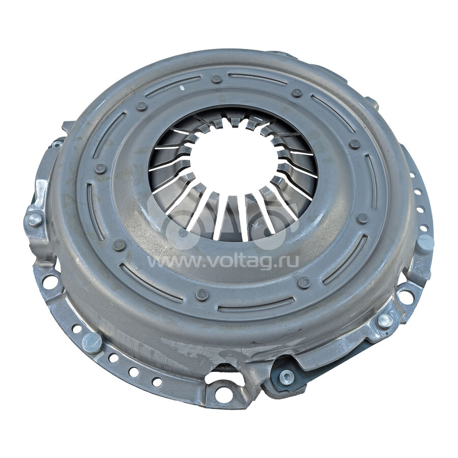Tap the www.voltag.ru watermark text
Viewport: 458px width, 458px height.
coord(223,262)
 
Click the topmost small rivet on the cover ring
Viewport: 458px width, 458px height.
coord(217,79)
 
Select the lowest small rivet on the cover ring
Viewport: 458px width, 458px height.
coord(202,295)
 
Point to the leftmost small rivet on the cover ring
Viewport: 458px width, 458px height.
coord(100,169)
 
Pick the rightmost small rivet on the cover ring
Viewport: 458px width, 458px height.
coord(363,218)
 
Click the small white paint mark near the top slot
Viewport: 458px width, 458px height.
coord(182,88)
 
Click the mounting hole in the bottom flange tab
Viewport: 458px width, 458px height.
coord(224,394)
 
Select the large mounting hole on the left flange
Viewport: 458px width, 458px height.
coord(48,282)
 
